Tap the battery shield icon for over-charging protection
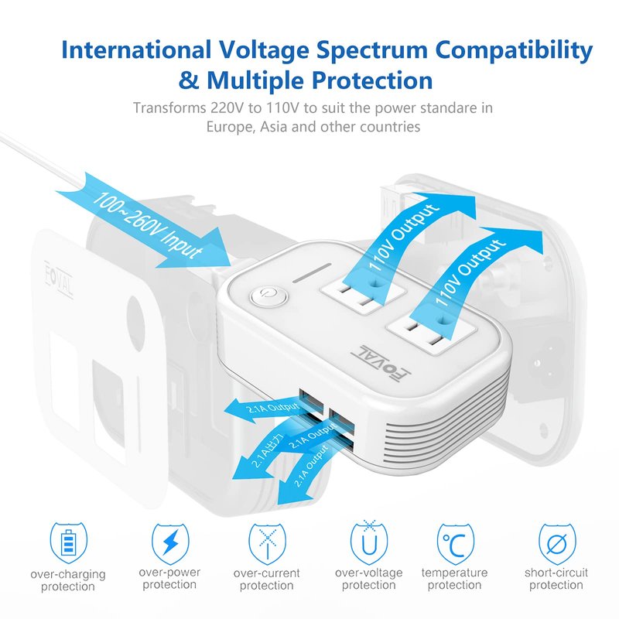(68, 542)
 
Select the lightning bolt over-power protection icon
(170, 543)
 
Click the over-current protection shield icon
(267, 544)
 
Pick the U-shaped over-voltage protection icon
(369, 542)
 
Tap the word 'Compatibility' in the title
(514, 51)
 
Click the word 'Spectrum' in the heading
(372, 51)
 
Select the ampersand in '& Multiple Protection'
(188, 80)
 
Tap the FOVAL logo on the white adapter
(381, 362)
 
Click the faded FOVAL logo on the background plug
(59, 279)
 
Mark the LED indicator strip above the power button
(312, 273)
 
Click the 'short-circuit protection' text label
(556, 578)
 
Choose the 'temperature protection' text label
(454, 578)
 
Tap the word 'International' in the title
(136, 50)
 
